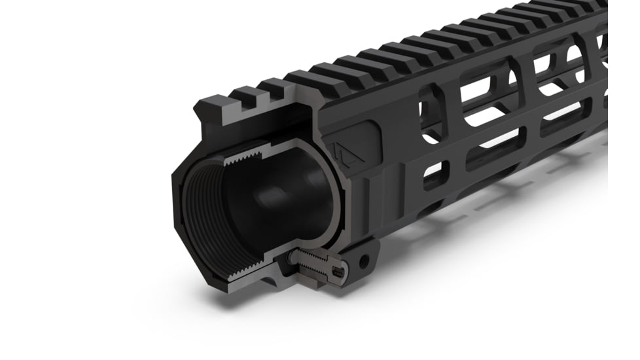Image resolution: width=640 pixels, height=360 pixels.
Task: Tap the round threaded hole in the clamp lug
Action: click(x=364, y=261)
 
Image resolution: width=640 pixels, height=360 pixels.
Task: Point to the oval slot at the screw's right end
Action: click(x=338, y=270)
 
